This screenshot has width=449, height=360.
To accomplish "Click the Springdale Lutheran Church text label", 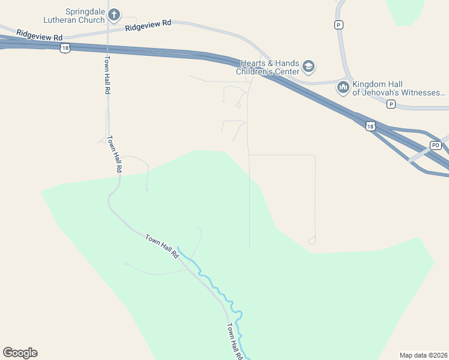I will point(85,16).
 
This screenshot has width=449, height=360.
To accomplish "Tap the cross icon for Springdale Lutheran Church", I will point(115,14).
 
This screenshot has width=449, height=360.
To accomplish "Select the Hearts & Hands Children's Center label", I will point(270,67).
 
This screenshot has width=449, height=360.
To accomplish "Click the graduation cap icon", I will point(309,66).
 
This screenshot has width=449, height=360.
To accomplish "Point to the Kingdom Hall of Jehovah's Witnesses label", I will point(399,88).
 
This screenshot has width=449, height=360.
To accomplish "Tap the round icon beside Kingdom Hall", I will point(343,88).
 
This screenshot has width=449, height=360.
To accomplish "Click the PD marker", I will point(436,145).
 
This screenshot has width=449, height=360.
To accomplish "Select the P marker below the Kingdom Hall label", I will point(391,104).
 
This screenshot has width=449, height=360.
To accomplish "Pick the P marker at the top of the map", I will point(339,25).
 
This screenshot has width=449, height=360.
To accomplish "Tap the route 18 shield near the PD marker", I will point(370,126).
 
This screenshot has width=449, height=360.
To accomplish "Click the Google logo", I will point(20,352).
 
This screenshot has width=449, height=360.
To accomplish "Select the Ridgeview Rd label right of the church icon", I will point(149,26).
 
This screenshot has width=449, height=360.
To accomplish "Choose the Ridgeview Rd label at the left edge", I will point(39,35).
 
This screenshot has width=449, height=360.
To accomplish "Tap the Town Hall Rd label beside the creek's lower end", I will point(235,341).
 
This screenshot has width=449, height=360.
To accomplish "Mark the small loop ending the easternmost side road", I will point(312,241).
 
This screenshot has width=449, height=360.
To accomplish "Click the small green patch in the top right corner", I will point(406,11).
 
